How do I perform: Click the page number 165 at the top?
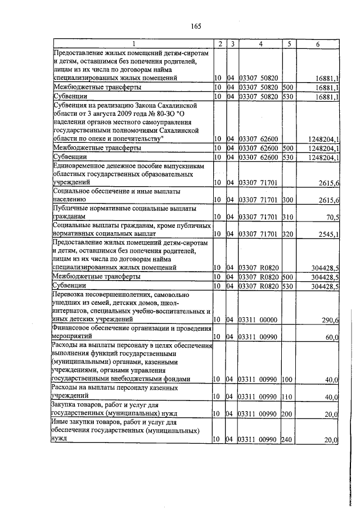click(x=196, y=26)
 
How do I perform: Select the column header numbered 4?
click(x=259, y=44)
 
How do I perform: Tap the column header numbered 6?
click(x=318, y=44)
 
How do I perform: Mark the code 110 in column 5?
click(x=287, y=397)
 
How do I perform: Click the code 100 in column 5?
click(x=287, y=380)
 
